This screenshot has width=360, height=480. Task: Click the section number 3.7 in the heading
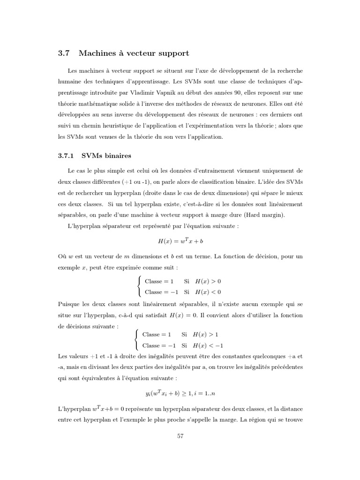point(63,54)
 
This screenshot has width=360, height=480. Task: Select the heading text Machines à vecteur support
point(134,54)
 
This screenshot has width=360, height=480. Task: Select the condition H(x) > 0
point(208,281)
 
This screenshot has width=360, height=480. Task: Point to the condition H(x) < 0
point(208,292)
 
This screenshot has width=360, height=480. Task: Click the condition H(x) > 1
point(206,335)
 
